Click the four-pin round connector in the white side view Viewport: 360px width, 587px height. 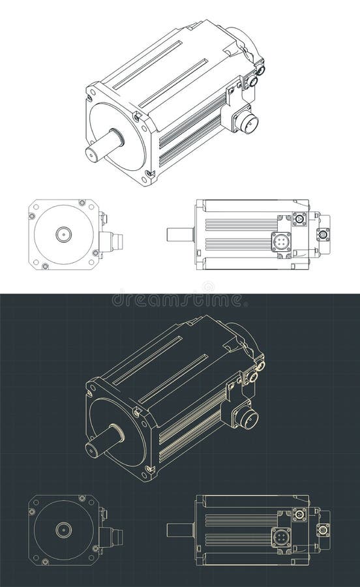[281, 242]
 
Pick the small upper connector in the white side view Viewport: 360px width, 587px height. [300, 219]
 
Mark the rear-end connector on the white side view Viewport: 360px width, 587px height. [322, 234]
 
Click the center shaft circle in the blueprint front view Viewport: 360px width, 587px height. [63, 529]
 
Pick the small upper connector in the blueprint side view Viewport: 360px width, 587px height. [300, 515]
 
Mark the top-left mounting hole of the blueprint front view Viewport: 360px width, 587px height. [32, 508]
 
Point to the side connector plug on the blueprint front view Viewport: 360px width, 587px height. [118, 538]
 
